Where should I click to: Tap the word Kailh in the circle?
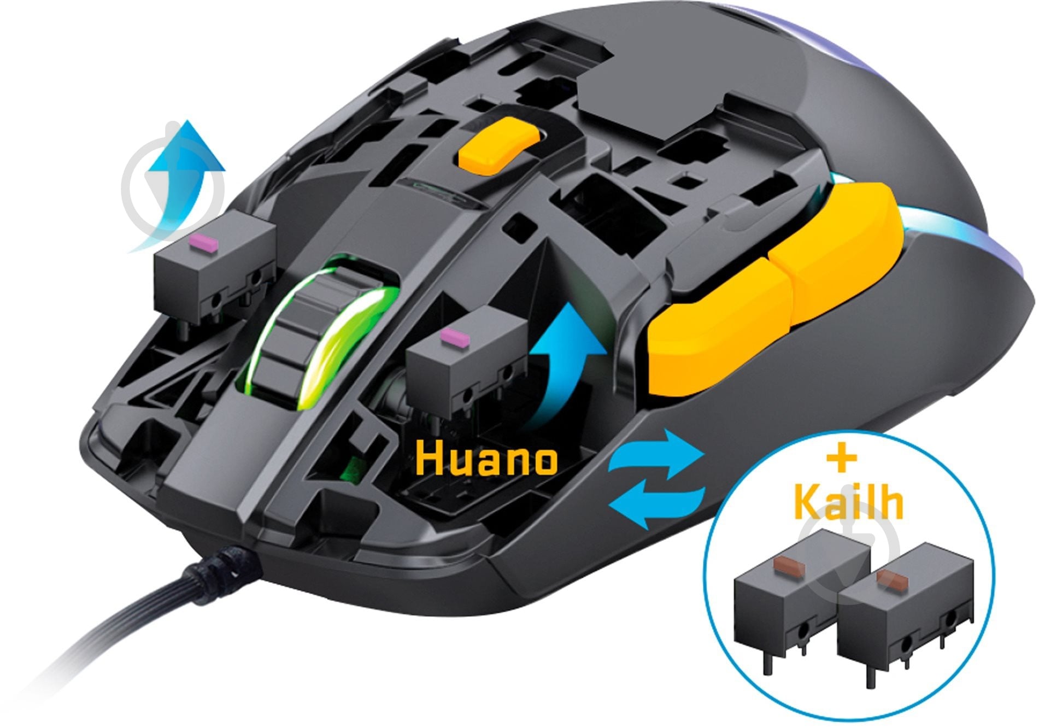[x=848, y=500]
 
